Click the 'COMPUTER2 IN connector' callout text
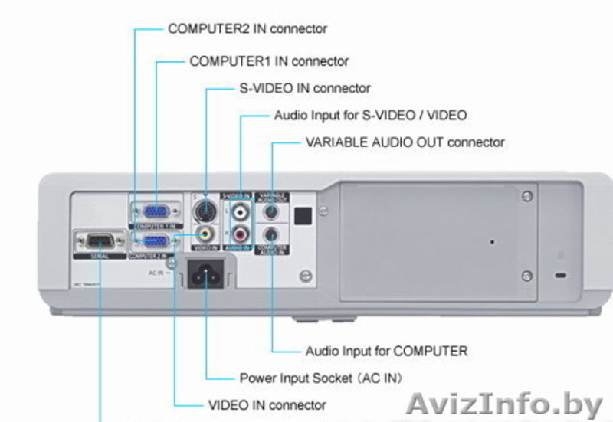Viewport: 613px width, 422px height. pos(247,29)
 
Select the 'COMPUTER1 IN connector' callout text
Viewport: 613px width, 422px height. pos(268,61)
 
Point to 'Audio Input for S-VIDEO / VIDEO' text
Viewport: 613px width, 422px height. pos(369,116)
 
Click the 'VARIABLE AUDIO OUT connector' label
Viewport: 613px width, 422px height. pos(405,142)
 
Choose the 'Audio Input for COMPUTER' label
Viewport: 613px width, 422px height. pos(386,352)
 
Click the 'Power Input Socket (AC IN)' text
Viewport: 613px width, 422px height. pos(320,378)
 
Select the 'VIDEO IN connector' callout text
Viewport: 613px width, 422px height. pos(267,405)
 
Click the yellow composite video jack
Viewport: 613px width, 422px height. pos(204,233)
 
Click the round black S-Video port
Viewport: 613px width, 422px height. pos(204,209)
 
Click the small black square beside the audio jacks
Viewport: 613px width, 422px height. pos(303,216)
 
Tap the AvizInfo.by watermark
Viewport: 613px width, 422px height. pos(507,404)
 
